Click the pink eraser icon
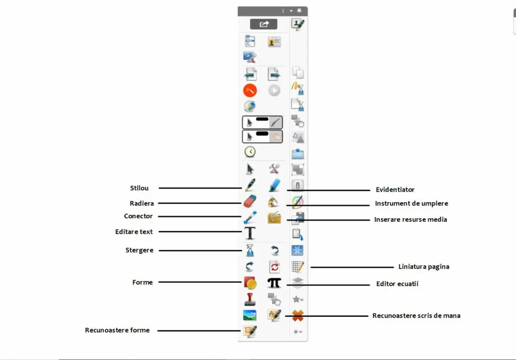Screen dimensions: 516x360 coord(250,201)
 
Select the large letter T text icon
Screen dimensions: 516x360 coord(250,233)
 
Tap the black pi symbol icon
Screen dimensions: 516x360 coord(274,282)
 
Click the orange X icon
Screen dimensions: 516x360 coord(298,316)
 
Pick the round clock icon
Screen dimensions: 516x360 coord(250,152)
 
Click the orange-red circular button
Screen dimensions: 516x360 coord(250,90)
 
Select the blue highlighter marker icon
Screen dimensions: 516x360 coord(274,185)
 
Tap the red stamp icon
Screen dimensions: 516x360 coord(250,299)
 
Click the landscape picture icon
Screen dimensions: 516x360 coord(250,315)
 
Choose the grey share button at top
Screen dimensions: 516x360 coord(264,24)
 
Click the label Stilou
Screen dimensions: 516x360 coord(139,188)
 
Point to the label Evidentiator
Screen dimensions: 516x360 coord(395,190)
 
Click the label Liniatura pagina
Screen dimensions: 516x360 coord(424,266)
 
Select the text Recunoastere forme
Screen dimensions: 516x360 coord(117,330)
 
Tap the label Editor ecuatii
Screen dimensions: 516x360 coord(397,283)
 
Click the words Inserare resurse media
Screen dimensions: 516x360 coord(411,219)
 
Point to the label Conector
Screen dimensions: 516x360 coord(138,216)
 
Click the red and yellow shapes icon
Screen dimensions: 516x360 coord(250,282)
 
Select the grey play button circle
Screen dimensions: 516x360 coord(274,90)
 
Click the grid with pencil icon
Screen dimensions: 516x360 coord(298,266)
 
